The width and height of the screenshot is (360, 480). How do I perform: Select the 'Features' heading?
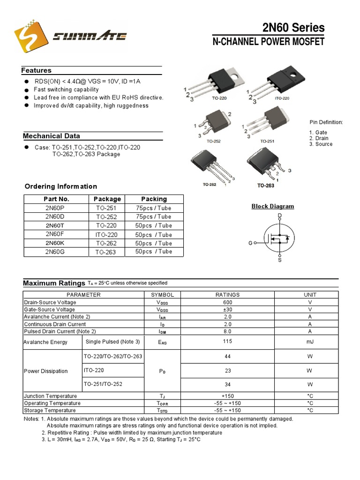pyautogui.click(x=36, y=71)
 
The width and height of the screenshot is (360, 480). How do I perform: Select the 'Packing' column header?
pyautogui.click(x=154, y=199)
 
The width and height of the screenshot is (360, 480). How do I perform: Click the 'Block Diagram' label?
pyautogui.click(x=273, y=206)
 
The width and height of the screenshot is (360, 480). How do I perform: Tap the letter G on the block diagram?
pyautogui.click(x=250, y=243)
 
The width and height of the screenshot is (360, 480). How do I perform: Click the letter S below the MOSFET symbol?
pyautogui.click(x=280, y=260)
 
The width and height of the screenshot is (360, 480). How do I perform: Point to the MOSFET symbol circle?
pyautogui.click(x=278, y=238)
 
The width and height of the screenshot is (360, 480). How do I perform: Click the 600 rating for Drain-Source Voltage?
pyautogui.click(x=227, y=303)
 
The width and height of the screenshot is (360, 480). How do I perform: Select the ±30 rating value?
pyautogui.click(x=227, y=310)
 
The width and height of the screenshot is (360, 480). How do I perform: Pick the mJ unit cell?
pyautogui.click(x=309, y=342)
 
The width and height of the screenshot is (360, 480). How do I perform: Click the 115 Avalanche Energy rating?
pyautogui.click(x=227, y=342)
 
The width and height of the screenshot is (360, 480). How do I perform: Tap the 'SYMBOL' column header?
pyautogui.click(x=162, y=295)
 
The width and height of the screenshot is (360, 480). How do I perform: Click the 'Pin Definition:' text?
pyautogui.click(x=326, y=122)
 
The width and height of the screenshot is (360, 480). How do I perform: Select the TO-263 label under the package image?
pyautogui.click(x=265, y=186)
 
